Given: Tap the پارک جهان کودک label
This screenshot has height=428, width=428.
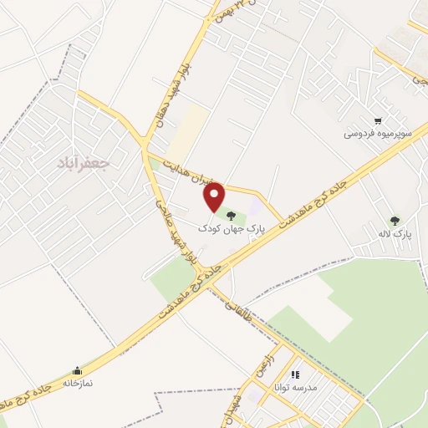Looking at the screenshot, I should tap(231, 227).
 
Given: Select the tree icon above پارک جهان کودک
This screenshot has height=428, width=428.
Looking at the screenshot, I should tap(230, 217).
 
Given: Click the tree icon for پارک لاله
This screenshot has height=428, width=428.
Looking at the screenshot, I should tap(394, 220).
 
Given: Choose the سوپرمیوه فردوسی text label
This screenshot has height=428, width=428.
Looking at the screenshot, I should tap(374, 133).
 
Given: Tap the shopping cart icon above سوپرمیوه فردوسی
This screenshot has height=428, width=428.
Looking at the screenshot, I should tap(379, 120).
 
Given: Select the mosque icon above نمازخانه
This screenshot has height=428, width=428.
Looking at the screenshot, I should tap(78, 369).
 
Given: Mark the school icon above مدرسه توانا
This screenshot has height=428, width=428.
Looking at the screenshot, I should tap(294, 374).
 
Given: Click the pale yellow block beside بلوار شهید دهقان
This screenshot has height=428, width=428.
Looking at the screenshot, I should tap(194, 125).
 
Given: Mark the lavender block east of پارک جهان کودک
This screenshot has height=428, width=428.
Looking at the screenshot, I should tap(255, 206).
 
